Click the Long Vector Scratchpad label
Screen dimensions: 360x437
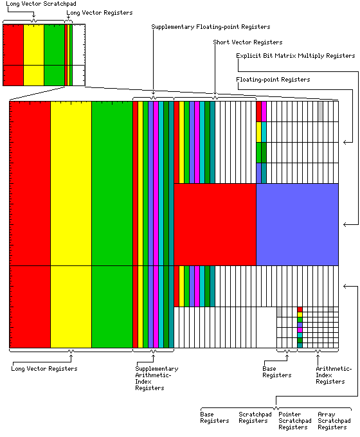(41, 4)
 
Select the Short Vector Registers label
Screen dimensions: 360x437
(248, 42)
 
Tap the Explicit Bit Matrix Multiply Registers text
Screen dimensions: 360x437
(296, 56)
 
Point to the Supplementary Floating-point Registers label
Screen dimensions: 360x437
(211, 27)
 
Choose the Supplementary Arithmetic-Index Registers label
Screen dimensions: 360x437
(157, 378)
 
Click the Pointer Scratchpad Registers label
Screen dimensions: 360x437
(295, 420)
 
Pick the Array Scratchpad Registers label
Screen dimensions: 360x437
(334, 420)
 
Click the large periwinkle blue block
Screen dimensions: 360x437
(297, 224)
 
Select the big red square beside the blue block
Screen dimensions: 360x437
(215, 224)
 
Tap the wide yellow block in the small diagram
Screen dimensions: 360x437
(33, 55)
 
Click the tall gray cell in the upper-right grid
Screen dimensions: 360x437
(320, 111)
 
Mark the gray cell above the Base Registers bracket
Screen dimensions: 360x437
(279, 312)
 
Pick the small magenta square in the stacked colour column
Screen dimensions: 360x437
(300, 330)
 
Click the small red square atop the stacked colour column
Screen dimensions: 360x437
(300, 309)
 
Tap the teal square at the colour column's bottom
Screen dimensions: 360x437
(300, 345)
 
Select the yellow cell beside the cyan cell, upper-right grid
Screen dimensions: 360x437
(259, 132)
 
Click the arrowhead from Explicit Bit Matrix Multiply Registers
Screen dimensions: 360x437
(345, 224)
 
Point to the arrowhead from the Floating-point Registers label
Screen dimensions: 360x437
(345, 142)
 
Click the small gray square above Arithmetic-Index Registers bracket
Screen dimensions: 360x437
(330, 309)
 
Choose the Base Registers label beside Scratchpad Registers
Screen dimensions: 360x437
(215, 418)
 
